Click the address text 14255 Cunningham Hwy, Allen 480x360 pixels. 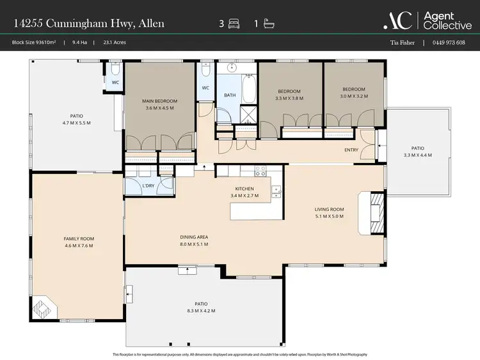click(x=89, y=24)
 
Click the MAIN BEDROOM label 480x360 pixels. click(x=159, y=101)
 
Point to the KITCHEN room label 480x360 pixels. click(x=244, y=189)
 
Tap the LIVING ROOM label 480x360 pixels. click(x=329, y=209)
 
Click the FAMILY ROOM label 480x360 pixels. click(x=78, y=239)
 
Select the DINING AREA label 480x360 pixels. click(x=194, y=237)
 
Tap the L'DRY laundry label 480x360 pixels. click(x=148, y=185)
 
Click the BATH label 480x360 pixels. click(x=230, y=96)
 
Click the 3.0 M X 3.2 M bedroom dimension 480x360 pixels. click(x=353, y=98)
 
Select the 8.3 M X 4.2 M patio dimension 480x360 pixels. click(x=205, y=311)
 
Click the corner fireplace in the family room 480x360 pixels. click(x=44, y=308)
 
